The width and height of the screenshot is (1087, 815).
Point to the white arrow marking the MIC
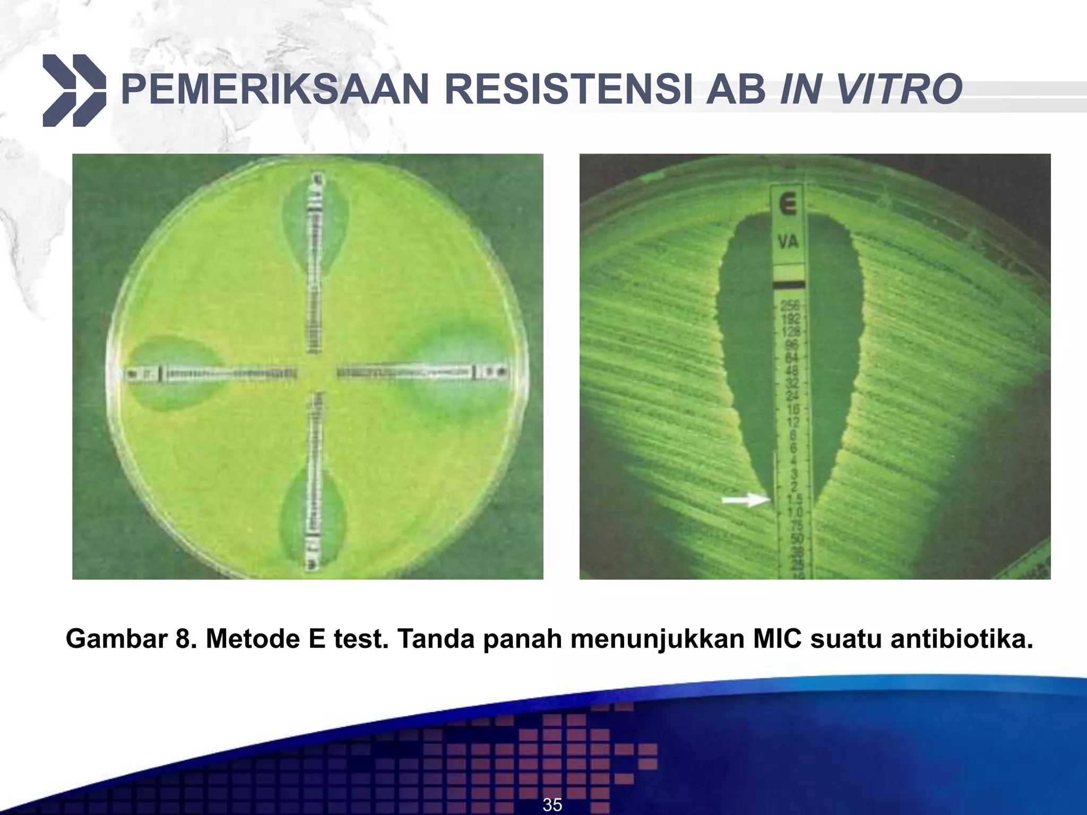click(x=745, y=499)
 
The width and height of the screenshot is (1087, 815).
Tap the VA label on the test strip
click(x=788, y=242)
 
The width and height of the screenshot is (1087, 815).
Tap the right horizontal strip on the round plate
click(x=422, y=373)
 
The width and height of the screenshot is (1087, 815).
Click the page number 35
click(x=552, y=804)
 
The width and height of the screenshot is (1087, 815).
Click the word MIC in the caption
click(x=777, y=639)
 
